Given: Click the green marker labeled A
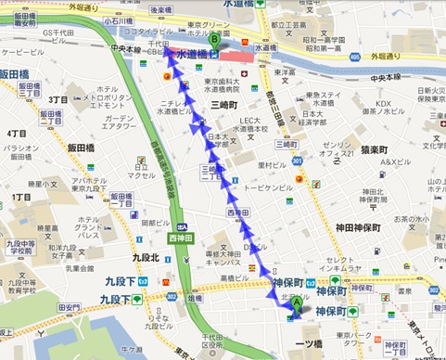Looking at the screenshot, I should [297, 302].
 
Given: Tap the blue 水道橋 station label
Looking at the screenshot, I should [192, 56].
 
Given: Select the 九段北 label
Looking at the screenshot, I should [146, 257].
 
